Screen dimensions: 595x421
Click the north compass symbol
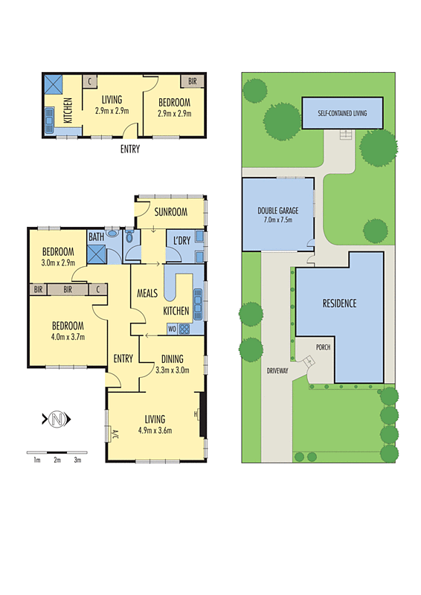click(x=57, y=419)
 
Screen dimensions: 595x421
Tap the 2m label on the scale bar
click(x=57, y=460)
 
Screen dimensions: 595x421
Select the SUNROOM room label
click(x=170, y=212)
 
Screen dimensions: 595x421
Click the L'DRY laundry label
click(x=181, y=240)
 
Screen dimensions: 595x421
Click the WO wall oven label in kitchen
click(x=172, y=328)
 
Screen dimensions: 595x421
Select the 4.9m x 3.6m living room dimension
click(x=155, y=430)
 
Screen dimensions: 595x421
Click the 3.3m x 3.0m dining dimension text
click(x=172, y=369)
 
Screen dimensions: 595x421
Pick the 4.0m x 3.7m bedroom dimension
click(x=67, y=337)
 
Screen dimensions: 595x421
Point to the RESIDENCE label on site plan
click(x=339, y=303)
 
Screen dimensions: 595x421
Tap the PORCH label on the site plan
click(x=323, y=347)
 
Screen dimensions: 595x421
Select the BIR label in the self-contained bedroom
click(x=192, y=81)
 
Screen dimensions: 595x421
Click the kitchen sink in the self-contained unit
click(x=50, y=118)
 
